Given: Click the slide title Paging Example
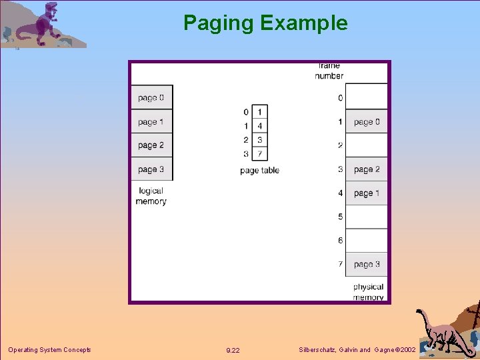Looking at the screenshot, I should (265, 23).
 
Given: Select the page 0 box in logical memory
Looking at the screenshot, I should (151, 98).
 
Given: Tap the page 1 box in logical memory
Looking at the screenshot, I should (151, 122).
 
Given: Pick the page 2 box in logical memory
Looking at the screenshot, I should (151, 145).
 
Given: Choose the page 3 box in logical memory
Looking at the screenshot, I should (151, 169).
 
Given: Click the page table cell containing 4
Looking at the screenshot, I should (259, 126).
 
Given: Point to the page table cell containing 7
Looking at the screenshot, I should (259, 154).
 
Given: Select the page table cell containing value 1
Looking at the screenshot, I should (259, 112).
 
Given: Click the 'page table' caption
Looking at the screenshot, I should (259, 171).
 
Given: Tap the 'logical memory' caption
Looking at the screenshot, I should (151, 196).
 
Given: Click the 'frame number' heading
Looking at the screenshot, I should (329, 71).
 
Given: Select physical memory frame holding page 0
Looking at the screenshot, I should (367, 122).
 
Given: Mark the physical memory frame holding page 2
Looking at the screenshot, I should (367, 169).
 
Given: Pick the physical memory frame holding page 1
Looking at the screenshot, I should (367, 193).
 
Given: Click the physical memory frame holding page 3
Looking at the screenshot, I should (367, 264).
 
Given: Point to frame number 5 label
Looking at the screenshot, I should (340, 217).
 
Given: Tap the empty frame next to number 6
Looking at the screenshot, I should (367, 241).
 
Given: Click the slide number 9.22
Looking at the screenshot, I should (233, 350).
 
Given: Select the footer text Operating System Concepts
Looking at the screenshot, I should (49, 350).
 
